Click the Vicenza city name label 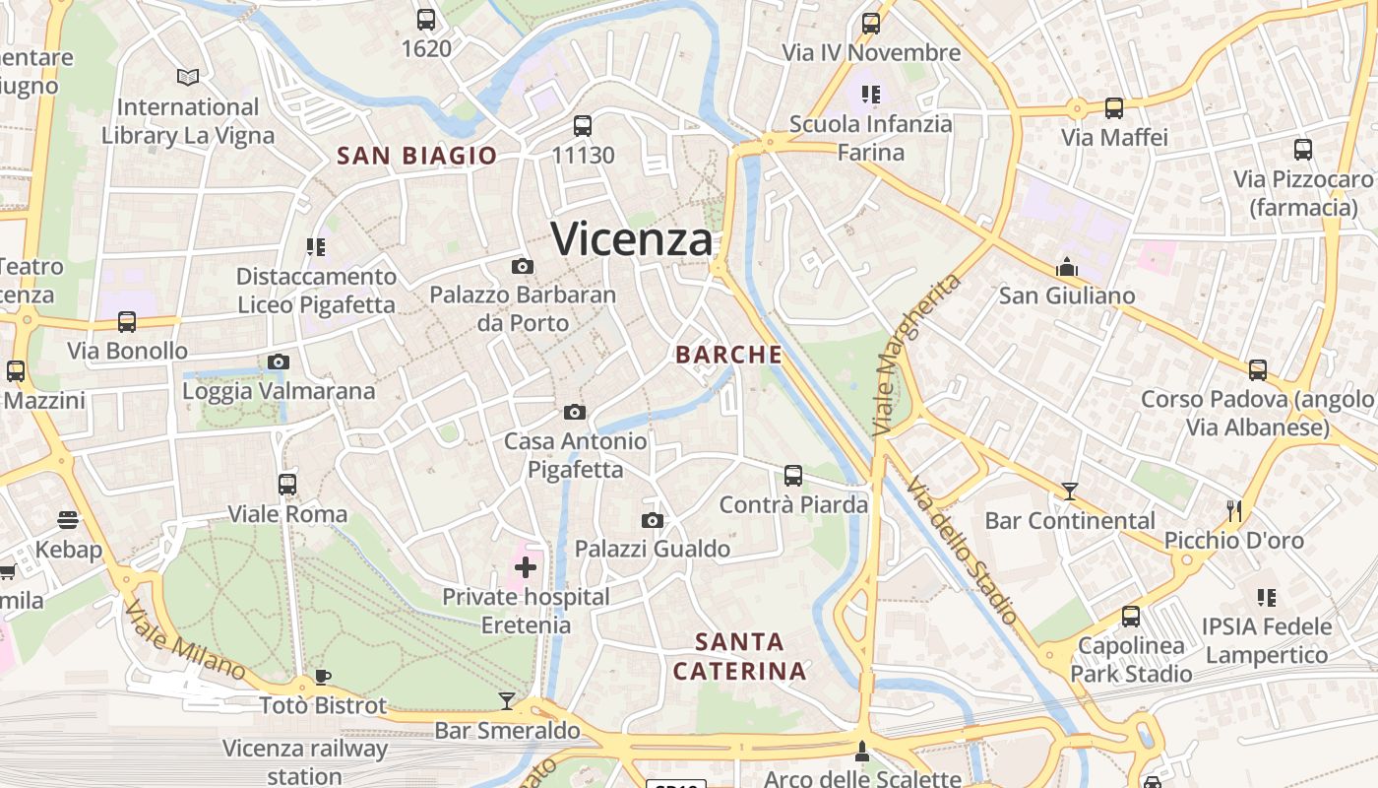point(631,239)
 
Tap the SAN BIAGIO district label point(416,156)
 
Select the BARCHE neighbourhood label point(729,355)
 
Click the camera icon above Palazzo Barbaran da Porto point(523,266)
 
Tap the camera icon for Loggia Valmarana point(279,362)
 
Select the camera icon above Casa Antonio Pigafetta point(575,412)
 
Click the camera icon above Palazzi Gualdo point(652,520)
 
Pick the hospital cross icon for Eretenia point(526,567)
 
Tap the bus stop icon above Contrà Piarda point(793,476)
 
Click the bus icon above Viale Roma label point(287,485)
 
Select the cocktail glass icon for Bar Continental point(1070,492)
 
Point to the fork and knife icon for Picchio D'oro point(1234,510)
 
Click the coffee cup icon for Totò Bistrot point(322,677)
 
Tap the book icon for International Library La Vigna point(187,77)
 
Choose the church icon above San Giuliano point(1067,266)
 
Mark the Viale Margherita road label point(916,355)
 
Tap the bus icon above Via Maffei point(1114,108)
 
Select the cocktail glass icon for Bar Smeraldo point(507,700)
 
